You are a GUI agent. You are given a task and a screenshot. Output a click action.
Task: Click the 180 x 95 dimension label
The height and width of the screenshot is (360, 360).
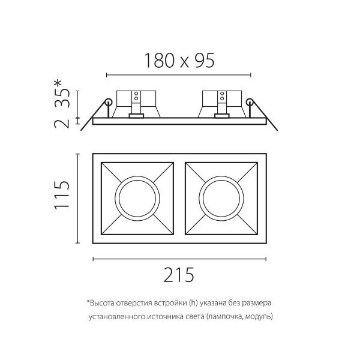click(x=179, y=61)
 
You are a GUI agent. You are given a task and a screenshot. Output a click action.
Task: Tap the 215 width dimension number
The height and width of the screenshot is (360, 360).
click(x=179, y=274)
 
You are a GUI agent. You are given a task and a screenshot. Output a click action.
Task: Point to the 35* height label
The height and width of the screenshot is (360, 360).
click(x=63, y=94)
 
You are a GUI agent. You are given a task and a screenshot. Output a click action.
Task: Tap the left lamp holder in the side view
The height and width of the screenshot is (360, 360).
click(x=136, y=103)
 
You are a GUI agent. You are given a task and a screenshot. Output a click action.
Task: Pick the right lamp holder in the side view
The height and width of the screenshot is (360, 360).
click(x=221, y=103)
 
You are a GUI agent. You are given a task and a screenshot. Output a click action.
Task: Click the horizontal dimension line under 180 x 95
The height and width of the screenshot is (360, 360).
click(x=179, y=75)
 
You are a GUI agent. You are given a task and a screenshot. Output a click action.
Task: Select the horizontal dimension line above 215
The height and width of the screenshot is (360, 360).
click(x=179, y=259)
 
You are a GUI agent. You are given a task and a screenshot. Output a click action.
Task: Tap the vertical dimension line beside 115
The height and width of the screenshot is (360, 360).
click(x=77, y=197)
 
